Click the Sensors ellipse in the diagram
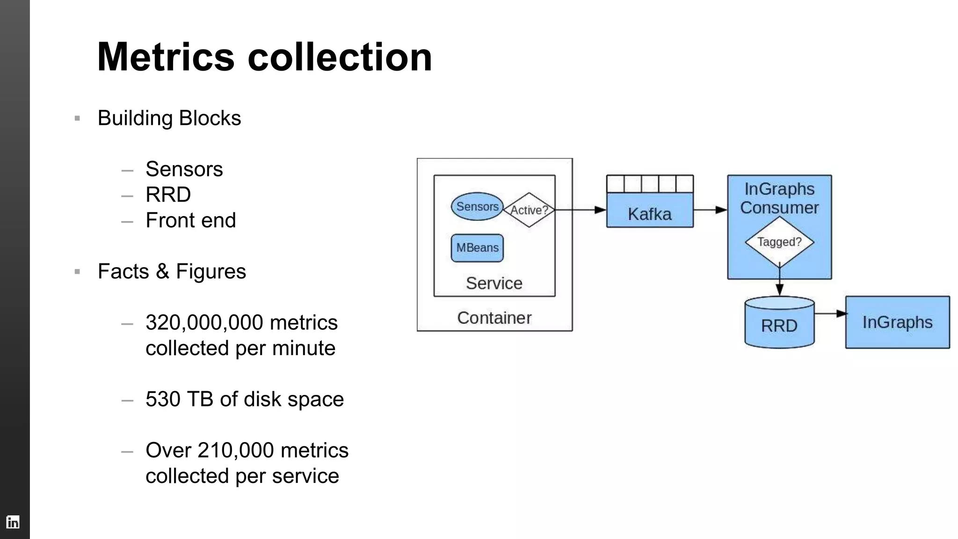(477, 206)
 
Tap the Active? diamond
(529, 210)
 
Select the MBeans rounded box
(477, 248)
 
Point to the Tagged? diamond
(779, 242)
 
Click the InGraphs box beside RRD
(897, 322)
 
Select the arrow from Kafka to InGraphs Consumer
(710, 210)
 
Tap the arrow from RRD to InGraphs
(830, 313)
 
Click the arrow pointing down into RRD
(779, 284)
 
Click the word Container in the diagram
(494, 318)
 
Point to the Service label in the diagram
(494, 283)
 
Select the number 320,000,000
(204, 322)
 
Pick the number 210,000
(236, 450)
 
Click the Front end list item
(190, 220)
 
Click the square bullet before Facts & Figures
(77, 271)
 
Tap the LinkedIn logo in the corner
(13, 522)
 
